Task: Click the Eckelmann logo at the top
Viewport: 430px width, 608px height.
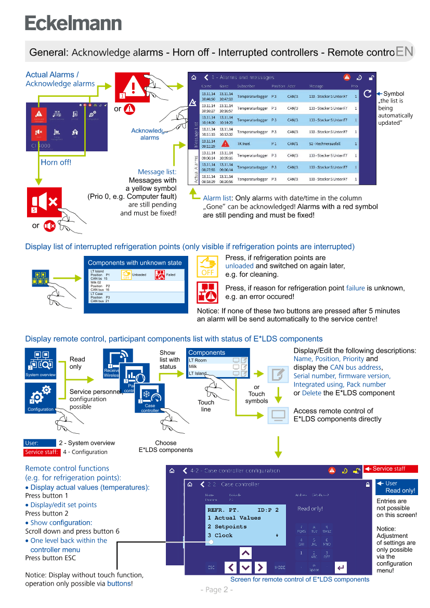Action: pos(73,23)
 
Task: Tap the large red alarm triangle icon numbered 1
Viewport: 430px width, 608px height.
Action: pos(132,86)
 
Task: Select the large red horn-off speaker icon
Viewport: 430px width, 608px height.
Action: pos(45,202)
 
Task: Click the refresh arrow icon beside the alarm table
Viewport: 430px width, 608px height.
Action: pos(368,94)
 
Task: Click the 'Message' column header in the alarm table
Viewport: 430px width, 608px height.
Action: pos(316,86)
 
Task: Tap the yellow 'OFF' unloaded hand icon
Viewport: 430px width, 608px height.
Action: pos(207,266)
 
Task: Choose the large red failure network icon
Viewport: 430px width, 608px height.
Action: pos(207,292)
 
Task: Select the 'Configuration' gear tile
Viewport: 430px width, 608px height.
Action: pos(41,398)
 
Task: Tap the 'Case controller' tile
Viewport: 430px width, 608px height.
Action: pos(150,398)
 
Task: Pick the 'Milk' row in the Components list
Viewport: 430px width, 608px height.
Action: pos(193,367)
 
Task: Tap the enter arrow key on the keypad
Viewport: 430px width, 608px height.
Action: pos(341,567)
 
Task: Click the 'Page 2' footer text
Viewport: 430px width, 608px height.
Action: pos(216,590)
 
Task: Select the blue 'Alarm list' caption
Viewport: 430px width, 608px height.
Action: pos(217,198)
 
